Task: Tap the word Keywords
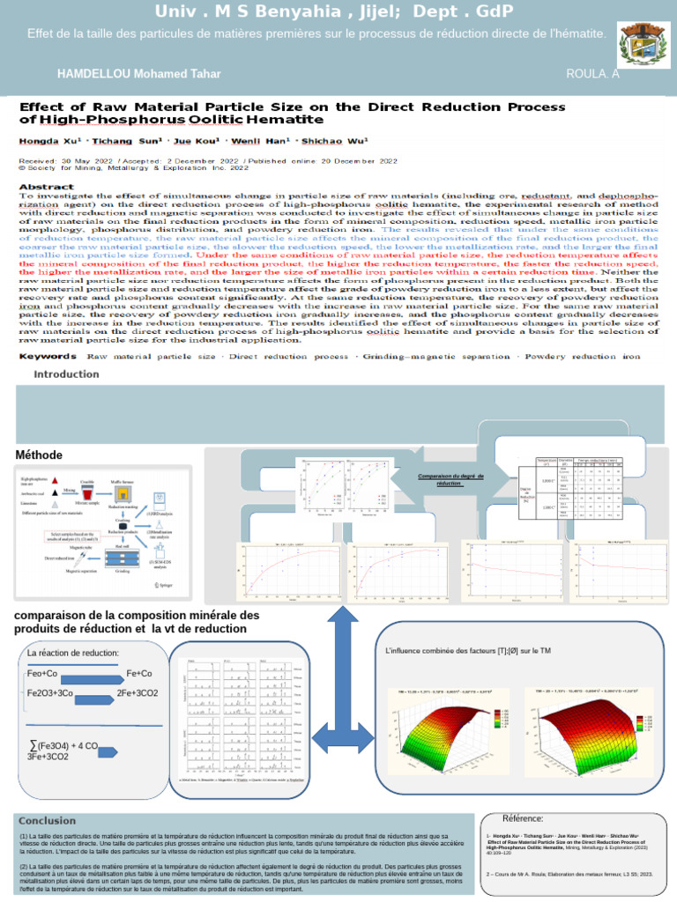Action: coord(48,356)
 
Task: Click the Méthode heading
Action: coord(39,455)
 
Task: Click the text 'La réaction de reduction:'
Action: coord(73,653)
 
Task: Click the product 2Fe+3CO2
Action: coord(138,693)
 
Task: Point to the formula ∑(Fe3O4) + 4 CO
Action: coord(63,746)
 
